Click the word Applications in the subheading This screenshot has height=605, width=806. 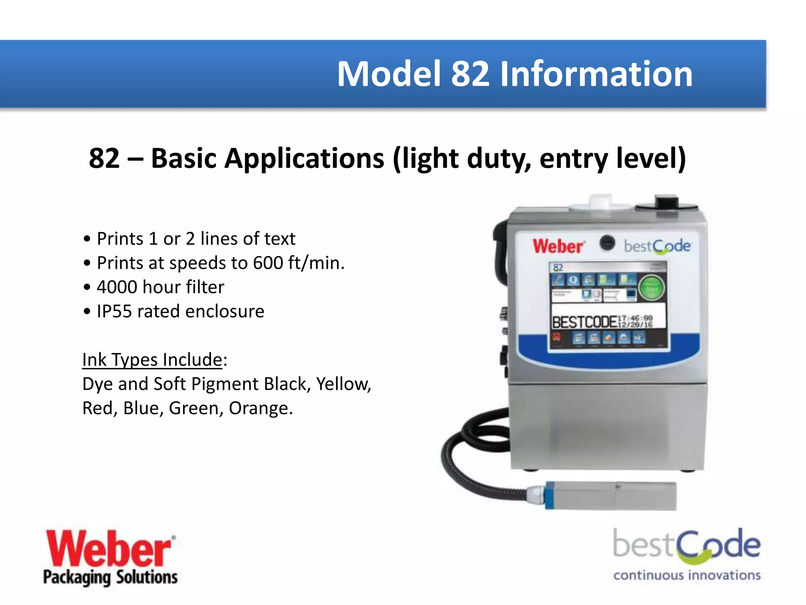point(268,158)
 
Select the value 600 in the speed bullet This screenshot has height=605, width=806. point(268,263)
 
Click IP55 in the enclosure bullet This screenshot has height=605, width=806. point(114,311)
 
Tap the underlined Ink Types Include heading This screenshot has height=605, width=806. point(152,360)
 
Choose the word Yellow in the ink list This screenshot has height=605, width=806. point(343,384)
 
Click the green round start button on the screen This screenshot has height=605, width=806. point(651,288)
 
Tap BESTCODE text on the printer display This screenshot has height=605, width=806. point(584,322)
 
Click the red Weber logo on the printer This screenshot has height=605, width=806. point(558,246)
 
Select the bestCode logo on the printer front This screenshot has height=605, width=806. point(657,247)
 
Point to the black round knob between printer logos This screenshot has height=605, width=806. point(607,243)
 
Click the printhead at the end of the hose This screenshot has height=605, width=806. point(610,496)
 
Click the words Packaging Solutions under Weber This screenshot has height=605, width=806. point(111,577)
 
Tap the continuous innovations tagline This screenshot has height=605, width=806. point(687,575)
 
